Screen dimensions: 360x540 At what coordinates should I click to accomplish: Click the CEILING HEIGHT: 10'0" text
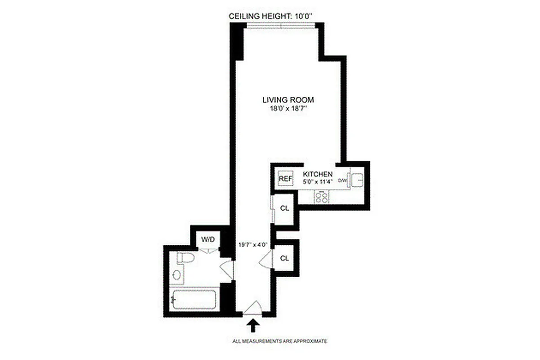(270, 16)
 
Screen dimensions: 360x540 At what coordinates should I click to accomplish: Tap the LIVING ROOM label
(288, 100)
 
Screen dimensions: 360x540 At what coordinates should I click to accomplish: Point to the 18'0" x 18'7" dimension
(288, 109)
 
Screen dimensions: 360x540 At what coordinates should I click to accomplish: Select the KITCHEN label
(318, 174)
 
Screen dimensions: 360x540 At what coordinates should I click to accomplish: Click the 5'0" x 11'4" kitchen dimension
(318, 182)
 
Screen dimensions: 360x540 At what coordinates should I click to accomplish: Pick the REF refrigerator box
(285, 179)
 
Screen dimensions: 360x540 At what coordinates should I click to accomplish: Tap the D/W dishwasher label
(343, 180)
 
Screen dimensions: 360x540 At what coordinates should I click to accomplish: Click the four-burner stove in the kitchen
(322, 197)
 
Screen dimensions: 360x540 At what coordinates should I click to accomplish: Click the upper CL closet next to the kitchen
(284, 208)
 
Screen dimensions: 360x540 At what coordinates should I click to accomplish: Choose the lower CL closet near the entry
(284, 258)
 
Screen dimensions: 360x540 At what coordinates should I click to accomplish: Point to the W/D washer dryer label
(207, 239)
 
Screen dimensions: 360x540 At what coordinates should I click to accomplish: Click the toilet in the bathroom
(185, 258)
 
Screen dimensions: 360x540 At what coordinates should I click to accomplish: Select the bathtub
(195, 299)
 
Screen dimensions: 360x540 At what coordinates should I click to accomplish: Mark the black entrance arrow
(253, 325)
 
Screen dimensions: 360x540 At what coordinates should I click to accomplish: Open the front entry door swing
(253, 308)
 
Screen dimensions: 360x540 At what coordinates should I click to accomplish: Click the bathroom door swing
(227, 270)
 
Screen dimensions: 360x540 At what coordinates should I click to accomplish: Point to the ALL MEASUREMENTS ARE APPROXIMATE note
(279, 342)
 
